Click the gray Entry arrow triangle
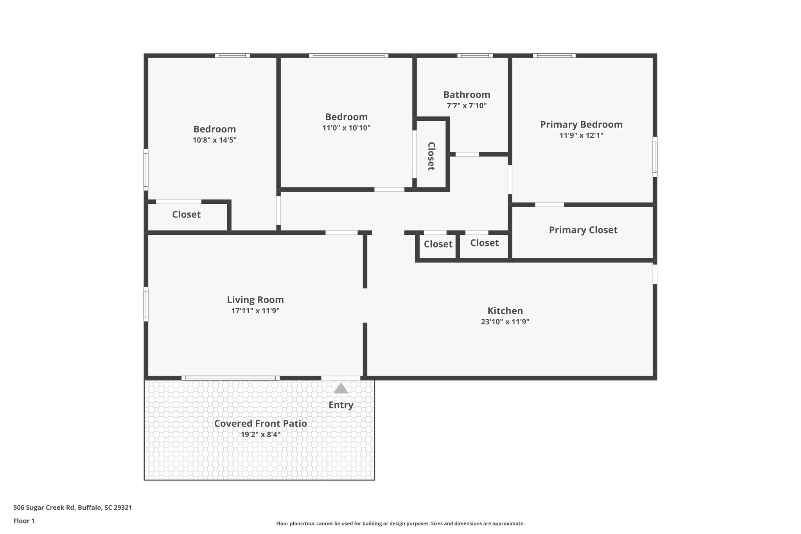click(341, 388)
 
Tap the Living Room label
click(255, 300)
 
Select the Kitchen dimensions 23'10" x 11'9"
click(505, 322)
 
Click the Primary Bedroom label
click(581, 124)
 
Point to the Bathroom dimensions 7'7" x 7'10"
click(467, 106)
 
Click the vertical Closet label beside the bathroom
click(431, 156)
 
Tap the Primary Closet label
click(583, 230)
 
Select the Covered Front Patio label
click(260, 423)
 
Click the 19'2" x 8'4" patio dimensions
click(260, 435)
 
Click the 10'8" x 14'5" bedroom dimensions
click(215, 140)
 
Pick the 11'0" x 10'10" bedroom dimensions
click(346, 128)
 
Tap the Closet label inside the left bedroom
click(186, 214)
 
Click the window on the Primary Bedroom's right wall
click(655, 156)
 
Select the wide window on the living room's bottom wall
click(231, 378)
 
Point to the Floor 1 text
click(24, 521)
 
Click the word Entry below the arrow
click(341, 405)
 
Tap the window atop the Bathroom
click(475, 56)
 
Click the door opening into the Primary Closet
click(549, 205)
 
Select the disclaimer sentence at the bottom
click(400, 523)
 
